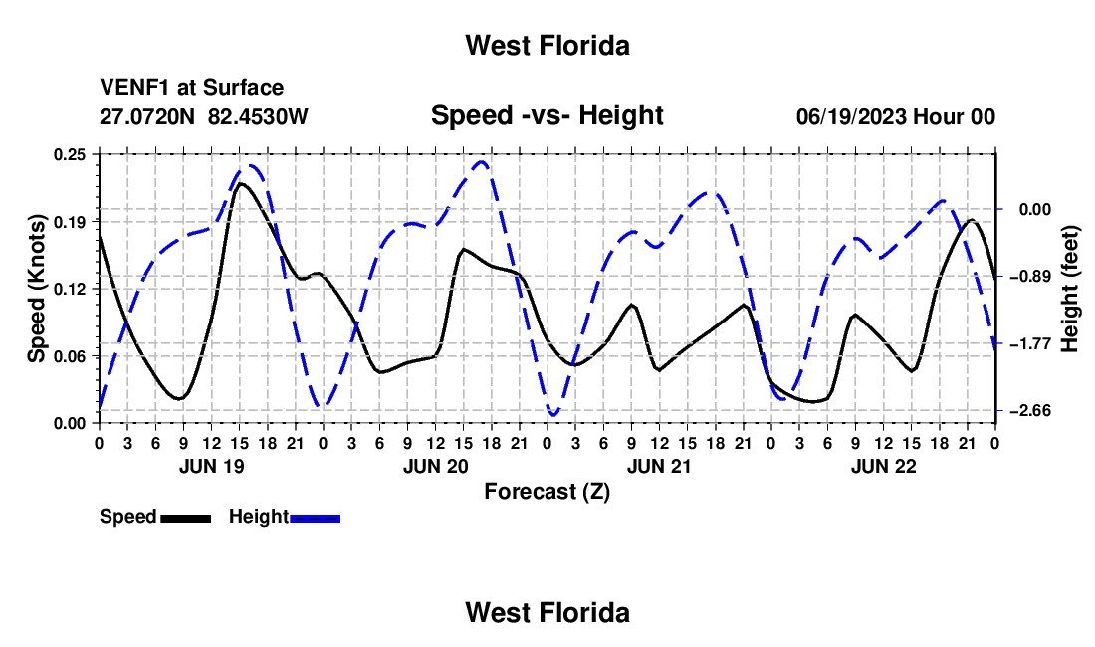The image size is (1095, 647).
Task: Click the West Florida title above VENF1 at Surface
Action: coord(547,46)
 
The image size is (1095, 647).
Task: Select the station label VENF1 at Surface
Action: coord(191,88)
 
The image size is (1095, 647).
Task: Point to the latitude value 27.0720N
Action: coord(146,116)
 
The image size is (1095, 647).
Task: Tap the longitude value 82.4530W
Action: coord(258,116)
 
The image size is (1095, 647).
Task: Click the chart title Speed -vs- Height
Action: coord(547,115)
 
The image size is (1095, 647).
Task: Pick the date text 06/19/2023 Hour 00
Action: coord(896,116)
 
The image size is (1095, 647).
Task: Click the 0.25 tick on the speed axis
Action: coord(70,154)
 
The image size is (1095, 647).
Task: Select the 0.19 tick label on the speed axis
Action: coord(70,222)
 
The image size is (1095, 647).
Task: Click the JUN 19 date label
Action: coord(212,466)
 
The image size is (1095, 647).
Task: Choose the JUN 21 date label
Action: coord(659,466)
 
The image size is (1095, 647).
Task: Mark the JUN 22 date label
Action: coord(883,466)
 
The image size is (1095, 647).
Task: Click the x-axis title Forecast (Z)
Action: coord(547,492)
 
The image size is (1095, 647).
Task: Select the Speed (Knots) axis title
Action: coord(36,289)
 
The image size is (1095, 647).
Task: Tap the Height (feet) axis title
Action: coord(1070,289)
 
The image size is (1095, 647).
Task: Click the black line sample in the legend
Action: coord(186,518)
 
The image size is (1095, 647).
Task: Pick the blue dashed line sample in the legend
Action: coord(315,518)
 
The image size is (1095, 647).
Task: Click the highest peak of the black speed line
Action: coord(240,183)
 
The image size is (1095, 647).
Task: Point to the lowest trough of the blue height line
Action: coord(553,415)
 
